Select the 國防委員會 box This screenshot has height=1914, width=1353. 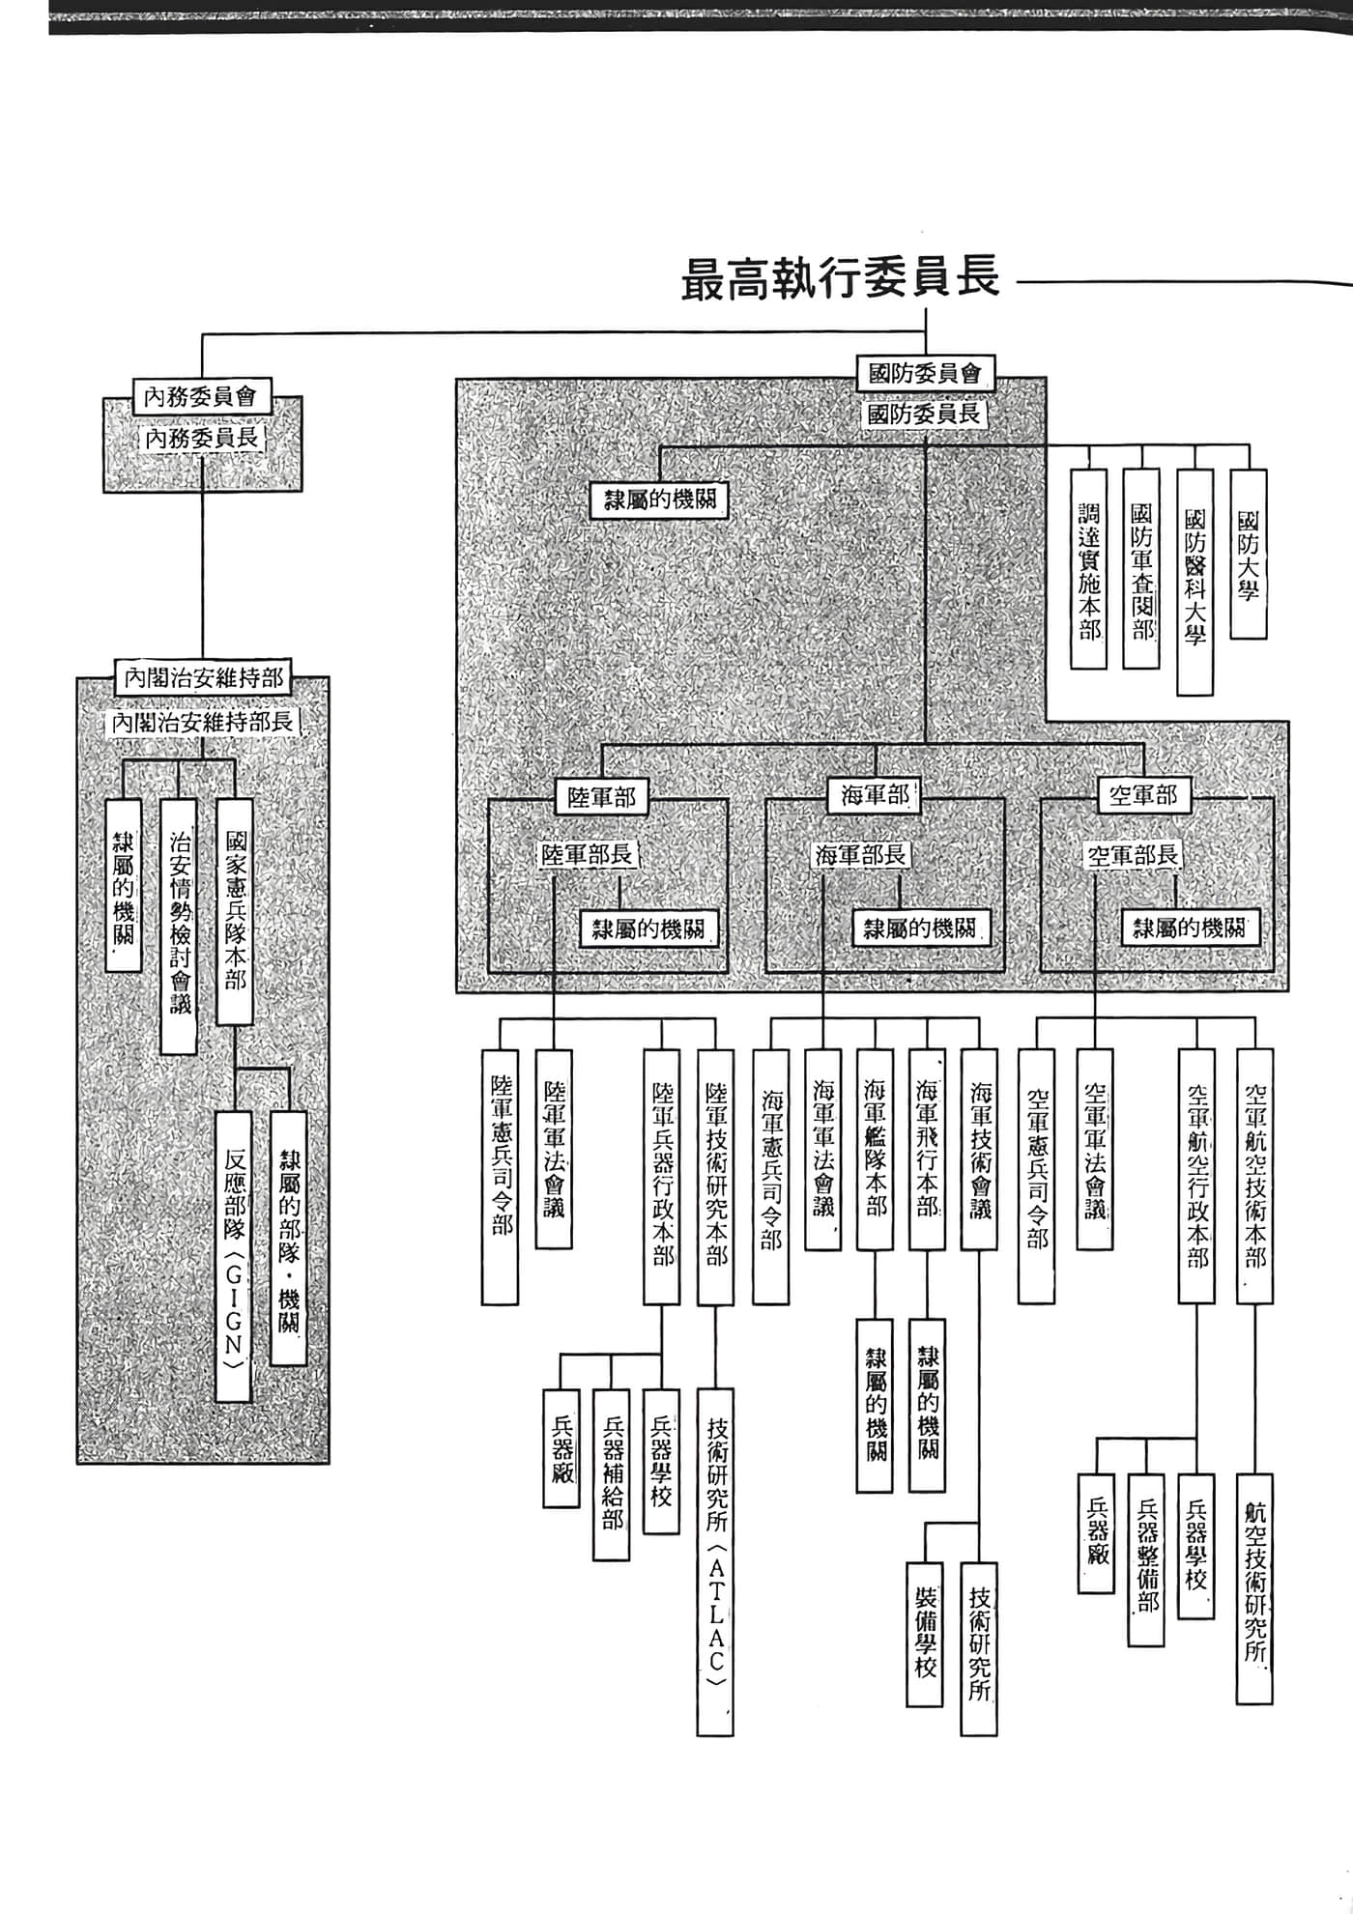click(925, 372)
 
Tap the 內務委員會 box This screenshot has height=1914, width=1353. click(201, 396)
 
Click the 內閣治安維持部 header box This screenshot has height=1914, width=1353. click(203, 677)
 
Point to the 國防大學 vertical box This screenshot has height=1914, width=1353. click(1248, 554)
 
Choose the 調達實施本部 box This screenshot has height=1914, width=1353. click(1089, 569)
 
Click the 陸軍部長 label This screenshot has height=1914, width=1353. click(587, 854)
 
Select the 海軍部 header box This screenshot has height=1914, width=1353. click(875, 795)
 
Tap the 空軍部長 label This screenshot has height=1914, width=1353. click(1133, 855)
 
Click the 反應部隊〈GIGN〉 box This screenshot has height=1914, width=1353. click(234, 1256)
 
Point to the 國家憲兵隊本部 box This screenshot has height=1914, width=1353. click(235, 911)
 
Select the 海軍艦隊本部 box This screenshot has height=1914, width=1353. click(875, 1150)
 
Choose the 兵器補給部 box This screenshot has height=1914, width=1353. click(611, 1474)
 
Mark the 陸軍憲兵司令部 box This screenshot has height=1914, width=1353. click(501, 1176)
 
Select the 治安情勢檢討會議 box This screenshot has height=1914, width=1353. click(180, 925)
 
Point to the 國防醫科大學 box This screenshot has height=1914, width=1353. click(1195, 582)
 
